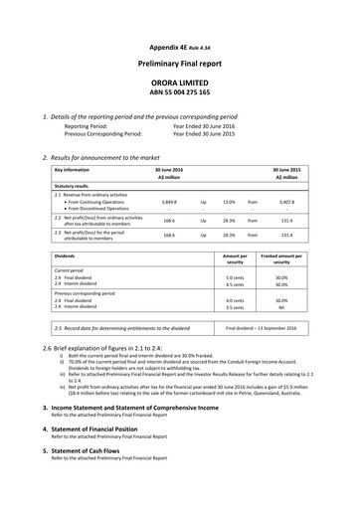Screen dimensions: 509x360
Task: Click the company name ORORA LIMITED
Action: [x=180, y=86]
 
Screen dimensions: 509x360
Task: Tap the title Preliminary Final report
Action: [x=180, y=62]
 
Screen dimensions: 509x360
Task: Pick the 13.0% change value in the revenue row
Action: [x=229, y=200]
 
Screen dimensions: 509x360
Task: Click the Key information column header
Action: [x=74, y=171]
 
